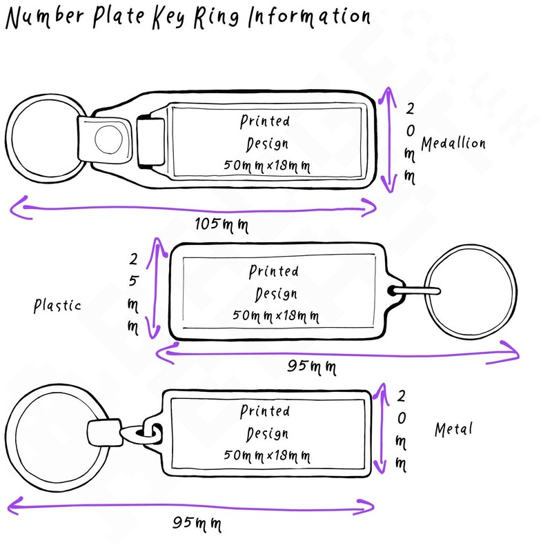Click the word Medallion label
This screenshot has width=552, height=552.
click(x=453, y=144)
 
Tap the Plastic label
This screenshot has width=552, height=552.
click(x=58, y=305)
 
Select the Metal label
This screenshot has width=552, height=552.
click(x=453, y=429)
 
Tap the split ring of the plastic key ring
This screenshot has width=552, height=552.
click(x=514, y=290)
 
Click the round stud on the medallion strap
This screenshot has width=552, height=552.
click(x=108, y=139)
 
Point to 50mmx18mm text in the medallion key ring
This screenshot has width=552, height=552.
click(x=266, y=166)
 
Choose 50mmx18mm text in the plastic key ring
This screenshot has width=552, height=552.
click(x=275, y=316)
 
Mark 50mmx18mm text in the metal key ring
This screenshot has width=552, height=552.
click(x=266, y=456)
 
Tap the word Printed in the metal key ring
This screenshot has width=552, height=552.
click(x=265, y=412)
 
